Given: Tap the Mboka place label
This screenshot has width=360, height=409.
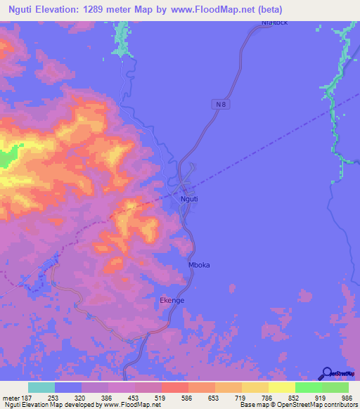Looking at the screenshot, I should point(199,265).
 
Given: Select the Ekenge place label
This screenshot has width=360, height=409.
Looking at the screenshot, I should point(172,300).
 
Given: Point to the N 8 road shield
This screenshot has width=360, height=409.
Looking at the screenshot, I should point(221,105).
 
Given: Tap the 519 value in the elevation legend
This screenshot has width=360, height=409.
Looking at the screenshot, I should point(161,397).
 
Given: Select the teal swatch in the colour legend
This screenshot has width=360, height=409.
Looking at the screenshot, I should point(41,387).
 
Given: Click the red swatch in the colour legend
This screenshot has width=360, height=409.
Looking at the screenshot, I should point(174,387).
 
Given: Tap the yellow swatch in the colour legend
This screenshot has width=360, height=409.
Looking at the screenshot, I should point(281,387).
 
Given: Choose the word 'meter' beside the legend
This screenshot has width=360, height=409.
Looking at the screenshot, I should point(10,397).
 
